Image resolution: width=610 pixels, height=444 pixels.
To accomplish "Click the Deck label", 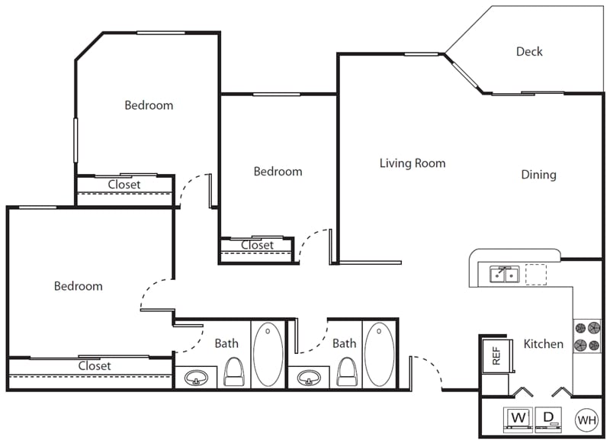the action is click(x=529, y=51).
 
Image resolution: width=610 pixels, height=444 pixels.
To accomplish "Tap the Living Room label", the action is click(x=413, y=163).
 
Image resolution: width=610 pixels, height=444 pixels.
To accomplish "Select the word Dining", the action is click(x=538, y=175).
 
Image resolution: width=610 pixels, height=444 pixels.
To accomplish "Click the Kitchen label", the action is click(x=543, y=343).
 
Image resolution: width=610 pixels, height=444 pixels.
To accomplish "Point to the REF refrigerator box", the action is click(x=497, y=356).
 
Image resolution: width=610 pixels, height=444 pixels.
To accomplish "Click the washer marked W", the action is click(x=518, y=420).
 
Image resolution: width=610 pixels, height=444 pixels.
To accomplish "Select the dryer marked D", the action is click(x=548, y=420).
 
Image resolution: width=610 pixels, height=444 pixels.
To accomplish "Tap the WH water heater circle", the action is click(x=586, y=420).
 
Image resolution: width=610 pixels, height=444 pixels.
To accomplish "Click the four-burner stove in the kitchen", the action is click(x=587, y=336).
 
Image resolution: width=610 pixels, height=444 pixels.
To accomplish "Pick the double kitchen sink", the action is click(x=504, y=275).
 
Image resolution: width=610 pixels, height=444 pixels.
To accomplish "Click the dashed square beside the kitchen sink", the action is click(x=536, y=275).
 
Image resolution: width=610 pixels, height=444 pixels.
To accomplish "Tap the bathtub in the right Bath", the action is click(x=379, y=354).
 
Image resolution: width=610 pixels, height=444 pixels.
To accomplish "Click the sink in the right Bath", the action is click(x=309, y=378).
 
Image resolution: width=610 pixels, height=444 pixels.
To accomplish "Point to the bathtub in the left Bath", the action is click(x=268, y=354).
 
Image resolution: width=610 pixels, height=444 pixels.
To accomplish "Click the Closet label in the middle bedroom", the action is click(x=257, y=245).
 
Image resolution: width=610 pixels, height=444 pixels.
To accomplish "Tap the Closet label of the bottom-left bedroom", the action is click(x=95, y=365).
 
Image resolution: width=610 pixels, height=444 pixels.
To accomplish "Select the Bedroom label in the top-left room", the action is click(x=149, y=105).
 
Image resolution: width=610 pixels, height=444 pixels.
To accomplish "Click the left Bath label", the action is click(x=226, y=343).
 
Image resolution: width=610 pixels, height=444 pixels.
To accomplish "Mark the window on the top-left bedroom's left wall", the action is click(x=75, y=140).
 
